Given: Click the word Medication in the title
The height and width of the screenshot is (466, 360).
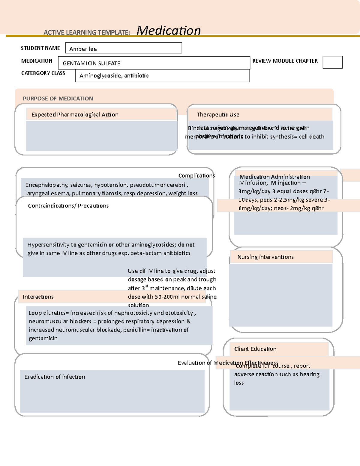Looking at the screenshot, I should [168, 31].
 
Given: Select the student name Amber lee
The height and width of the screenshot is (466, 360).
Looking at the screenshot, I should [83, 49].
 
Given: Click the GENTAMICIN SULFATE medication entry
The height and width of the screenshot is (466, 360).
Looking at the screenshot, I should [91, 63].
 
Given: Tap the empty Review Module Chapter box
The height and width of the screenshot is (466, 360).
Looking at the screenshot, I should [332, 62].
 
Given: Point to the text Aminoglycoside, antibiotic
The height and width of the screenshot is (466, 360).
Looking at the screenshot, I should [114, 76].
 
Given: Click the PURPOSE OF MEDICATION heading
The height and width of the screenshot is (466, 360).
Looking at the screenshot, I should [58, 98].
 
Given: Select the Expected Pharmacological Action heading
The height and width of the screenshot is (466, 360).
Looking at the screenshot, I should [75, 115].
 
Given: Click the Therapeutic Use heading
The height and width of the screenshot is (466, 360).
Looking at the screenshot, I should [218, 115].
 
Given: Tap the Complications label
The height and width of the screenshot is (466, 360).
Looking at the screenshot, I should [196, 176].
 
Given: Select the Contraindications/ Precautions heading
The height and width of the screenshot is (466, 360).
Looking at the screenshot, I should [68, 206].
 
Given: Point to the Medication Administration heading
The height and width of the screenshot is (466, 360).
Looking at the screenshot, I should [274, 177].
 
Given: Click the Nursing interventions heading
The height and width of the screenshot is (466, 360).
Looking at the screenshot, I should [265, 257].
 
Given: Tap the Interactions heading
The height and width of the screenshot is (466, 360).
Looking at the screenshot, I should [38, 297].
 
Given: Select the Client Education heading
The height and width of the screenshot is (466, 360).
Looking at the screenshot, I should [255, 349].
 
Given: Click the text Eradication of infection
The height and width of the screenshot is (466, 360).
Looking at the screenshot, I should [55, 377].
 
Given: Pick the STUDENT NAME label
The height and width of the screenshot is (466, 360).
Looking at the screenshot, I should [40, 48].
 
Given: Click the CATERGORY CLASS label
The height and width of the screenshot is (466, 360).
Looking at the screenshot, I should [43, 73].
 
